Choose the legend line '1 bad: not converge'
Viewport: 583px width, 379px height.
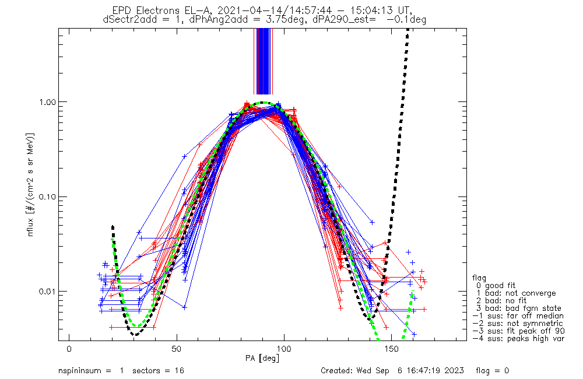coord(515,293)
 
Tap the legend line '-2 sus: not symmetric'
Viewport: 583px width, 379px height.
coord(518,324)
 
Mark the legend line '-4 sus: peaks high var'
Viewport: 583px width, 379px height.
coord(518,339)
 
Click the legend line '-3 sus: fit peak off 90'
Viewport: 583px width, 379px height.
coord(518,331)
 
